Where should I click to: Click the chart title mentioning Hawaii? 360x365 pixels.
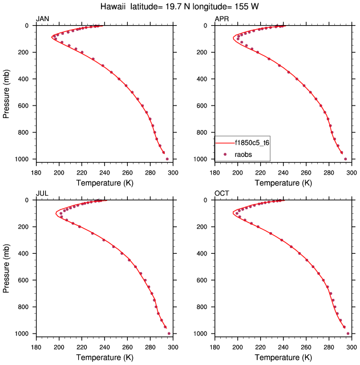point(180,7)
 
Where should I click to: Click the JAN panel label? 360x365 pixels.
point(42,19)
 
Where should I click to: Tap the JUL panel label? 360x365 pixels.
point(42,194)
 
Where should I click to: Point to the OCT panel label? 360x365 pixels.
point(221,194)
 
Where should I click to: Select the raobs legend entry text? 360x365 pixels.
point(244,154)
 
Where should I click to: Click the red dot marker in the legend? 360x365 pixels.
point(225,154)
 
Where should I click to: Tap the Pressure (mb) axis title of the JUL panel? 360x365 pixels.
point(7,267)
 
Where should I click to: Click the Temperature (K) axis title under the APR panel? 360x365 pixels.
point(284,183)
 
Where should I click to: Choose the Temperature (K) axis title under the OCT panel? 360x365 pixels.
point(284,358)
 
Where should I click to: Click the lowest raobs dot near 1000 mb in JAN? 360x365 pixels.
point(167,159)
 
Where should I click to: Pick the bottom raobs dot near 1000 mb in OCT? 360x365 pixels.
point(348,334)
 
